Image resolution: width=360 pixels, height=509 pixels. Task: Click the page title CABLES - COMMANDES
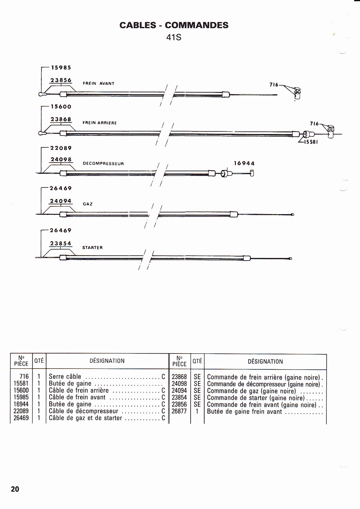click(x=174, y=25)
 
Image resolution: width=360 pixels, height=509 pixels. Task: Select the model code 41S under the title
click(x=174, y=37)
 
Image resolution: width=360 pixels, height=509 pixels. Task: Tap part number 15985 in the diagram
click(x=61, y=68)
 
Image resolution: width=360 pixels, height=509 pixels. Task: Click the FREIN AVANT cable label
click(x=98, y=83)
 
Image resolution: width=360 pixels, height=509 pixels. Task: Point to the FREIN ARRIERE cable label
click(x=99, y=123)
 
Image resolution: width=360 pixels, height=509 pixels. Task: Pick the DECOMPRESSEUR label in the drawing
click(x=103, y=164)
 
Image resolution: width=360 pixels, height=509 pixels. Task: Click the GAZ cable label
click(x=88, y=204)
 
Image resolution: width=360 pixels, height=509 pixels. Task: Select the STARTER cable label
click(x=92, y=248)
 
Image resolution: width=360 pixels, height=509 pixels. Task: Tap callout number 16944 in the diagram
click(x=244, y=163)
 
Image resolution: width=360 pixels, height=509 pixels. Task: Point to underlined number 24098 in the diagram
click(x=61, y=159)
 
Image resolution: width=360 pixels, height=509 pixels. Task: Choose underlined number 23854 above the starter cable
click(x=61, y=244)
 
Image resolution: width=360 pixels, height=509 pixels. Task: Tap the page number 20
click(x=15, y=489)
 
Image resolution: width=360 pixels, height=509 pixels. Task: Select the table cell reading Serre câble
click(x=65, y=377)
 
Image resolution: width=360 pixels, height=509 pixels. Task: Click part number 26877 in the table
click(x=179, y=412)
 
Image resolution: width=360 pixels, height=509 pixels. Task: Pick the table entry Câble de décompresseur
click(x=83, y=411)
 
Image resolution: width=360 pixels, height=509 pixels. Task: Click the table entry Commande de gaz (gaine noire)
click(x=251, y=391)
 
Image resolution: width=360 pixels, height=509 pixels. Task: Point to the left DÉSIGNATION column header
click(x=107, y=361)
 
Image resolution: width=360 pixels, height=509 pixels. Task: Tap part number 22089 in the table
click(x=21, y=411)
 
